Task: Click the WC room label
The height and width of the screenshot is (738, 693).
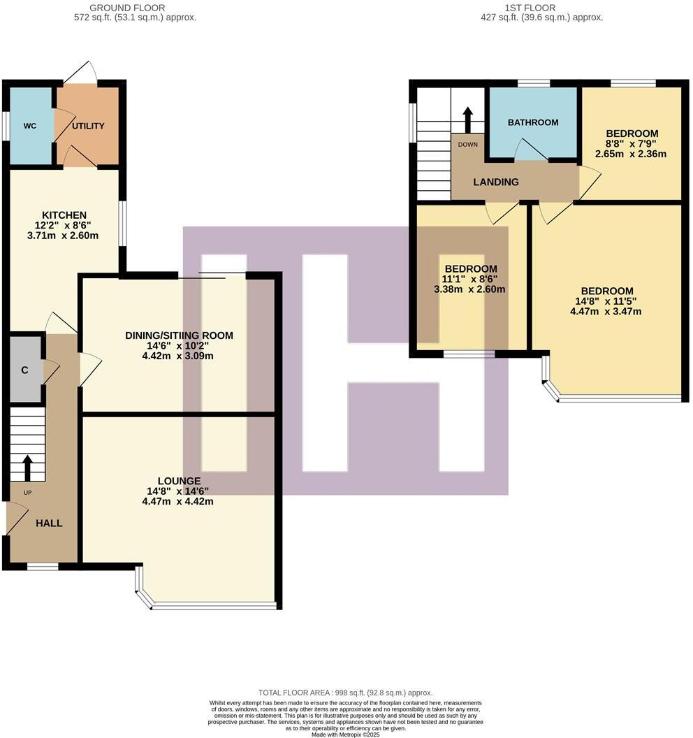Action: [29, 126]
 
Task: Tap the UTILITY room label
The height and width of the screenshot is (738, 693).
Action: [89, 126]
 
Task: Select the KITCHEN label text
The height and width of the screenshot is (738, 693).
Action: [64, 215]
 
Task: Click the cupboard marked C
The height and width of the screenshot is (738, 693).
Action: [24, 370]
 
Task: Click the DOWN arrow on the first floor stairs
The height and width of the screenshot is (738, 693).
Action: [467, 118]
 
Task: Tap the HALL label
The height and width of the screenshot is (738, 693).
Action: [49, 523]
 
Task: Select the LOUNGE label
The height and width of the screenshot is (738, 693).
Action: [179, 481]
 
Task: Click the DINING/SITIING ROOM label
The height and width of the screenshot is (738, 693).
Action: [179, 335]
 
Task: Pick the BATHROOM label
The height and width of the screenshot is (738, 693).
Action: [533, 122]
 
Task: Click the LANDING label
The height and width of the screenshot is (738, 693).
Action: [496, 182]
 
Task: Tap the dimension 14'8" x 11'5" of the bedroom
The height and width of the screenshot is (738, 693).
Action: [606, 301]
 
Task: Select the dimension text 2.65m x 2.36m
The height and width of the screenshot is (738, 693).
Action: [632, 154]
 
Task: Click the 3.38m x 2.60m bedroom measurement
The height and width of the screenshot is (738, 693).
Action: [470, 289]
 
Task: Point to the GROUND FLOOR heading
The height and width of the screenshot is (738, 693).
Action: [135, 8]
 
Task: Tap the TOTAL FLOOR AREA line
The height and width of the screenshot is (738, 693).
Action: [346, 692]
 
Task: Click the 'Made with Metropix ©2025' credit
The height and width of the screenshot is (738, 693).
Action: [346, 735]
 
